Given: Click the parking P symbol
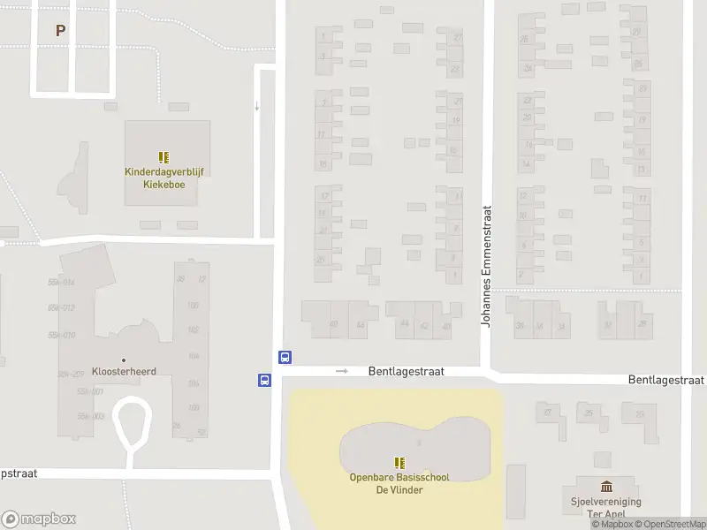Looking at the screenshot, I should pos(60,30).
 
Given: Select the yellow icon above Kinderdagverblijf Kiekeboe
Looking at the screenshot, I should pos(163,157).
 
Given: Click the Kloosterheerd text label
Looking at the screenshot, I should pos(124,372).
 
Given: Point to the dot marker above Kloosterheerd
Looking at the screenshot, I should pos(124,360).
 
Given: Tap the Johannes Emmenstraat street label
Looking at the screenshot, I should pos(485,267).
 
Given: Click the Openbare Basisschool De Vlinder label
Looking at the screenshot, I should pos(399,483).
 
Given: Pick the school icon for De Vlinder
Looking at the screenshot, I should pos(399,462).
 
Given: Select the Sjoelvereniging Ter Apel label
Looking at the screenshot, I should pos(605,507).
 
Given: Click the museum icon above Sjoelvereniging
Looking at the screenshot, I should pos(606,486).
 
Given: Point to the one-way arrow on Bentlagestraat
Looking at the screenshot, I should pos(342,371).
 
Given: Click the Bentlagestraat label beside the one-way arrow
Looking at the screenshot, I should pos(406,373).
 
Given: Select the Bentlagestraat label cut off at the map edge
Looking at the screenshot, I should pos(666,380).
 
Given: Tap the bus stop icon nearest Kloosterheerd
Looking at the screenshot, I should pos(263,380).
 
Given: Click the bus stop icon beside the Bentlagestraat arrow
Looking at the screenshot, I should pos(285,358).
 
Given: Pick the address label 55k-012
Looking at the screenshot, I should pos(61,307).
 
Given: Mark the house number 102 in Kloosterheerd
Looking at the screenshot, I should pos(194,329).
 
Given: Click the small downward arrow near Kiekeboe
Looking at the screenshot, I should pos(257,107).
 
